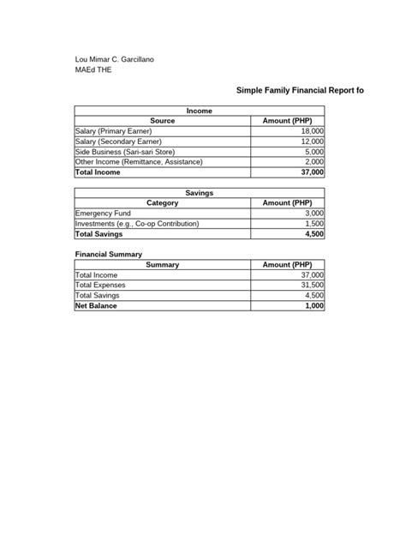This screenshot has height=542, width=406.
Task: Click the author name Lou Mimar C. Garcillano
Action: click(128, 59)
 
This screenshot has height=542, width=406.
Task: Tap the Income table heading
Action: click(200, 111)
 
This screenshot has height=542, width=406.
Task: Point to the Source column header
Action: click(162, 122)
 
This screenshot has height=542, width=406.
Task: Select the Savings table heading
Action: click(200, 193)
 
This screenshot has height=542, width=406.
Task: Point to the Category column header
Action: click(162, 203)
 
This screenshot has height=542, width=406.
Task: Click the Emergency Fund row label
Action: click(104, 213)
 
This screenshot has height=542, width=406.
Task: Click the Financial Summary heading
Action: click(108, 255)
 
